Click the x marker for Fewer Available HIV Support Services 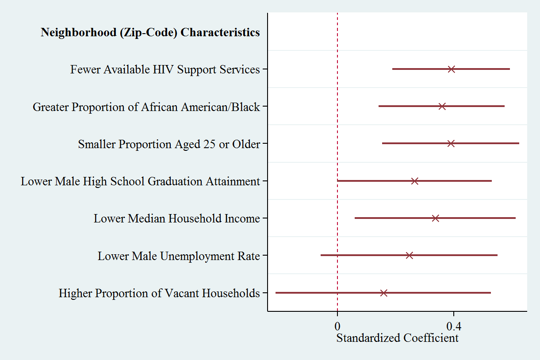[451, 69]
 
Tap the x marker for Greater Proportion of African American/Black [442, 106]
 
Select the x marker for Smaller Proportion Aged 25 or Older [451, 143]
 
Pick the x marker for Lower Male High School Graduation [414, 181]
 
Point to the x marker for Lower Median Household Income [435, 218]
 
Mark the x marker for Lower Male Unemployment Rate [409, 255]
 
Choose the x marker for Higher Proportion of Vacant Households [383, 293]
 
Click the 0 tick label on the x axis [337, 327]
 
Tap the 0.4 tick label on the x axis [454, 327]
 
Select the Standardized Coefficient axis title [397, 338]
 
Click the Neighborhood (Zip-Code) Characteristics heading [150, 32]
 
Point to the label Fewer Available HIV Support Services [165, 69]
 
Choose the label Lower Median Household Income [176, 218]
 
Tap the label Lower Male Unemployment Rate [179, 256]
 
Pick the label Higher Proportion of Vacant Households [159, 293]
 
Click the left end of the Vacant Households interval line [276, 293]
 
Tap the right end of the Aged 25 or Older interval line [519, 143]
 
